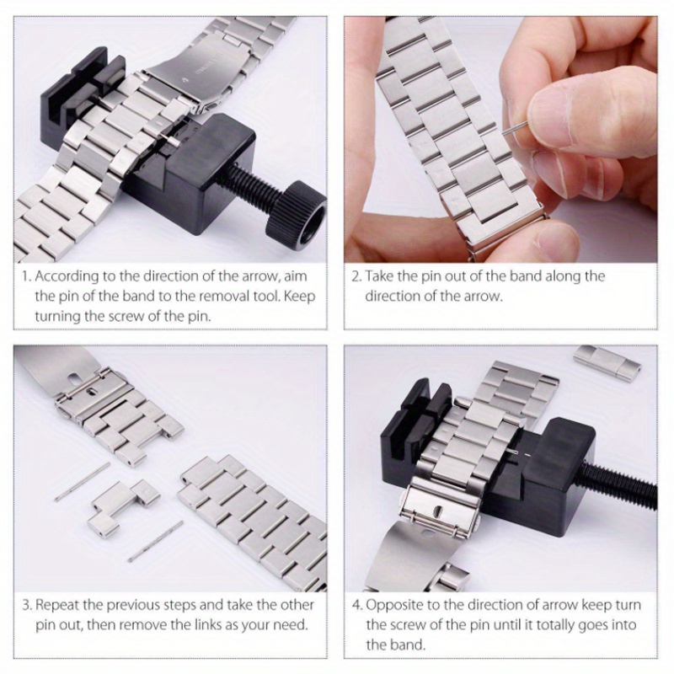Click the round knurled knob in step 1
(x=297, y=214)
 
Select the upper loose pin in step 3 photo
(x=82, y=481)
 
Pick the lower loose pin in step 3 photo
(x=156, y=541)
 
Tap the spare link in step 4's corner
(x=607, y=361)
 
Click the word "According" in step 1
(x=67, y=276)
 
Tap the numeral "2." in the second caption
(x=356, y=276)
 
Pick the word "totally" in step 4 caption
(x=553, y=625)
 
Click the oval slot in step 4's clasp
(x=437, y=511)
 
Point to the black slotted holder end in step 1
(x=82, y=94)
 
